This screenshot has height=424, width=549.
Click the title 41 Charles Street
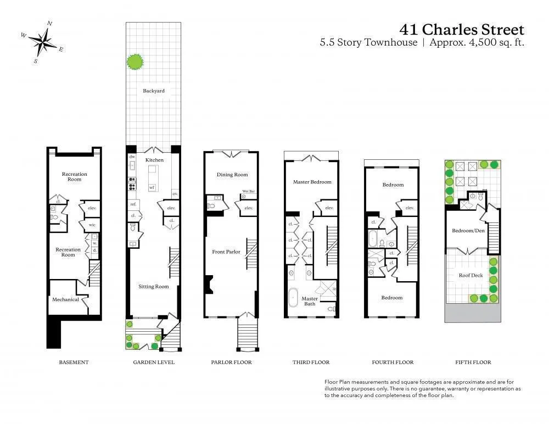click(462, 29)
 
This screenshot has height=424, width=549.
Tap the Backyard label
click(154, 91)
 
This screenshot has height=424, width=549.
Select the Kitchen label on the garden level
click(154, 160)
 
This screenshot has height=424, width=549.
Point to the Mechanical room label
click(65, 299)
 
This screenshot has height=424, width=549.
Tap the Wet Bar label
click(248, 192)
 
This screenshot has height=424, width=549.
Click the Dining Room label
click(232, 175)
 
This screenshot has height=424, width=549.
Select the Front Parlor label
click(226, 252)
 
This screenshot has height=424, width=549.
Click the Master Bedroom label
click(312, 182)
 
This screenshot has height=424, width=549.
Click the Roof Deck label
click(470, 275)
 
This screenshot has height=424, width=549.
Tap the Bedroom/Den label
click(468, 231)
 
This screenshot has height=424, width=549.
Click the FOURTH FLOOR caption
click(393, 362)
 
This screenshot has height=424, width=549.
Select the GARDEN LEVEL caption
click(154, 362)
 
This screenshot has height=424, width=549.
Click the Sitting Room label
click(153, 286)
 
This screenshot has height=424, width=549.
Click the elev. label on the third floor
click(329, 208)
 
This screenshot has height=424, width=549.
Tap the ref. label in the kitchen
click(133, 204)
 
